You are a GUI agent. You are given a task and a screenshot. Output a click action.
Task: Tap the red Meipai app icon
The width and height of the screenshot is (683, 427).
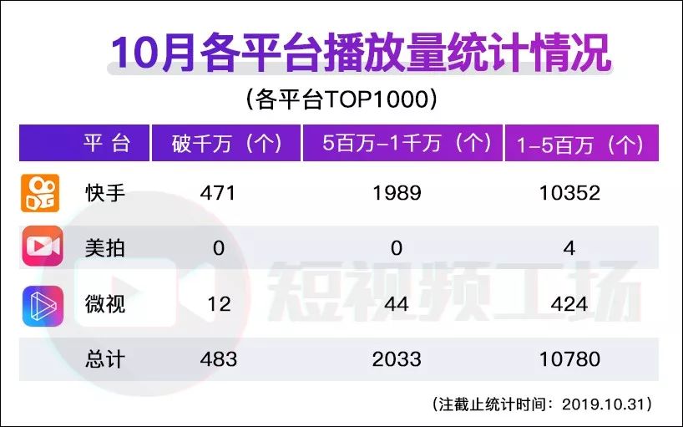point(42,247)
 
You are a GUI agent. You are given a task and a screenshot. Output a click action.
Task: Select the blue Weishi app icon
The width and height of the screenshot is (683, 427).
point(42,303)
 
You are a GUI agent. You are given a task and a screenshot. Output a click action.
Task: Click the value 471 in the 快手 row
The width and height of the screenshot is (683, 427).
point(219,193)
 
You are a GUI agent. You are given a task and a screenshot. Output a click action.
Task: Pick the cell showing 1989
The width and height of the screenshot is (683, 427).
point(397,193)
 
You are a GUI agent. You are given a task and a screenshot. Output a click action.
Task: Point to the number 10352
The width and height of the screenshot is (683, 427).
point(569,193)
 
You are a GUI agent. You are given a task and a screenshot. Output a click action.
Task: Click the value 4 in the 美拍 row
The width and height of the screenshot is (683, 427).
point(569,248)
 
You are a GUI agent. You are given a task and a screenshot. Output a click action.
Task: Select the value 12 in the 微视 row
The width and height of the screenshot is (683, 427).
point(219,304)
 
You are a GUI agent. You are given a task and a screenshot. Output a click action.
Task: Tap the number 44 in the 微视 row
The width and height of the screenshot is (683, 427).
point(397,304)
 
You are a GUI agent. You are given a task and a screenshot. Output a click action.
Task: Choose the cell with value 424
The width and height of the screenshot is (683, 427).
point(569,304)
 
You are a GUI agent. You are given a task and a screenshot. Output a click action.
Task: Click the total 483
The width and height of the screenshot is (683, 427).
point(219,359)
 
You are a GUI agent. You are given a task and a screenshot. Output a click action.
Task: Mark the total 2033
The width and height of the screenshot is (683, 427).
point(397,359)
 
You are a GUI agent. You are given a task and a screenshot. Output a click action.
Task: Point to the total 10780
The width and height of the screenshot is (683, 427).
point(569,359)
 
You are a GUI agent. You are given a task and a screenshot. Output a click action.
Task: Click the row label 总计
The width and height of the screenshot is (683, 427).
point(105,359)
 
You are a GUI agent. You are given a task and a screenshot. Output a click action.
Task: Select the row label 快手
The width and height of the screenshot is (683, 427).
point(105,193)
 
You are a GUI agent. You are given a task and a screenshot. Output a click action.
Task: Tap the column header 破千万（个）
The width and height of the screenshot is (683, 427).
point(225,144)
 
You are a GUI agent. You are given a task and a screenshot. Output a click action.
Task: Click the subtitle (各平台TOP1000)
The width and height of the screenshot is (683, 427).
point(341,99)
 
